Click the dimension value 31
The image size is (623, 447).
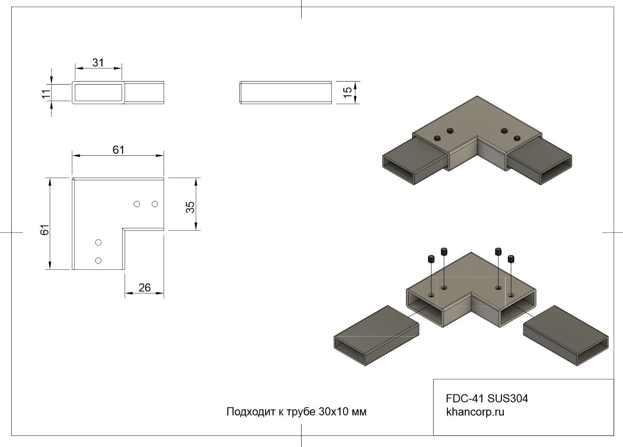point(98,63)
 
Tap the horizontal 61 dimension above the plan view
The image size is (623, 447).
point(118,150)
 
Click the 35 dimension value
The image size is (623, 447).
point(190,207)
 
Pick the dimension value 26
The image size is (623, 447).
point(145,287)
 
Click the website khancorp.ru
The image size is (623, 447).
point(475,412)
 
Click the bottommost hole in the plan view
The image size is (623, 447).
point(98,260)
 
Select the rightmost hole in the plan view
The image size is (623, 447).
point(155,204)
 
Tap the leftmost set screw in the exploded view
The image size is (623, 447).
point(431,259)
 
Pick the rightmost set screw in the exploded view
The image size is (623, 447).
point(511,259)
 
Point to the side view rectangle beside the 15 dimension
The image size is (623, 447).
point(286,92)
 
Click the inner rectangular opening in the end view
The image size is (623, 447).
point(98,92)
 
